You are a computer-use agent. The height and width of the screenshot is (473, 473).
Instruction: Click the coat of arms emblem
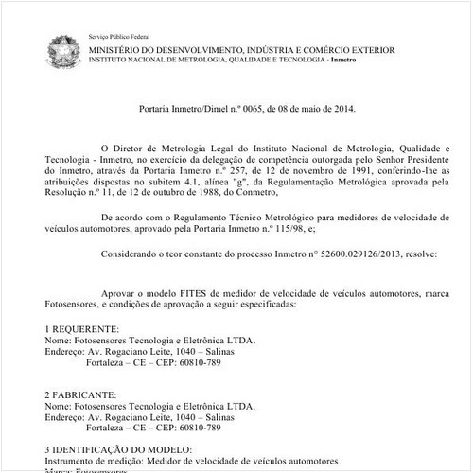[61, 47]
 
